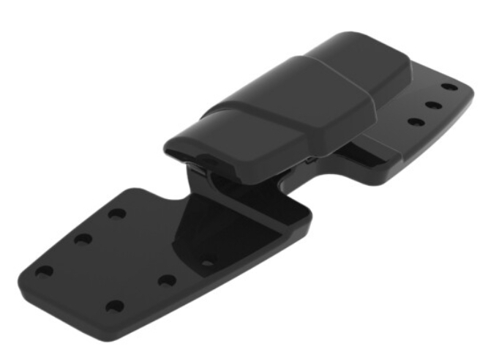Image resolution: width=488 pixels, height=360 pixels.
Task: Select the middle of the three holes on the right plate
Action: [434, 105]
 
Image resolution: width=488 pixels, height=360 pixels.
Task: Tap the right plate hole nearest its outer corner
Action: [450, 87]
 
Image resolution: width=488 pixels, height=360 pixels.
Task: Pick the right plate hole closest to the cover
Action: [415, 122]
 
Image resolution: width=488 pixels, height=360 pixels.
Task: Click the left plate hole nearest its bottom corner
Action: [114, 305]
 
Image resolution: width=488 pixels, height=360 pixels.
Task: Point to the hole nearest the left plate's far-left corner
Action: [44, 271]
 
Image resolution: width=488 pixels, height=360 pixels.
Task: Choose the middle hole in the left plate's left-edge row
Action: [83, 239]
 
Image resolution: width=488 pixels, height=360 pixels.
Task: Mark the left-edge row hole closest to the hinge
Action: [116, 214]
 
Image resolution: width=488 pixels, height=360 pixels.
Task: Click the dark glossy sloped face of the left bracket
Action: [219, 227]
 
